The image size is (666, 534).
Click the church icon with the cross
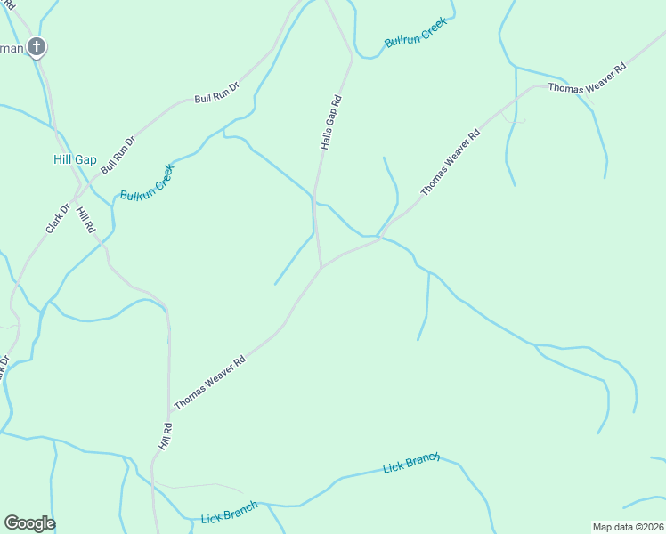coord(36,47)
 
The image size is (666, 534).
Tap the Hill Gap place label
coord(75,159)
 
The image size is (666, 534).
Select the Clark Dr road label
coord(58,219)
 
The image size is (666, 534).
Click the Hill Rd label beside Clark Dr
coord(85,220)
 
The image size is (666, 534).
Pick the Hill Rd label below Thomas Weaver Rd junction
coord(165,435)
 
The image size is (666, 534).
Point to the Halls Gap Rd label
coord(331,122)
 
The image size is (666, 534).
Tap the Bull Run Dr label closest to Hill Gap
coord(118,154)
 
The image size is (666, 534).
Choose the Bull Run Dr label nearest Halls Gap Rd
coord(217,93)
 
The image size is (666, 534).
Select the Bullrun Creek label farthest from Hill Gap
coord(414,36)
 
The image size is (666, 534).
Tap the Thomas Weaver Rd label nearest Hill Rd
coord(209,384)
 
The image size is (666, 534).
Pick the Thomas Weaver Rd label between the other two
coord(451,161)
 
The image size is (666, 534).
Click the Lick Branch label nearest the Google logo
coord(229,513)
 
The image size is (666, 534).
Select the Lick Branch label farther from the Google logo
coord(411,463)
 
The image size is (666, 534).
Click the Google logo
coord(29,523)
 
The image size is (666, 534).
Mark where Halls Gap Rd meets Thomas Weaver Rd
coord(321,266)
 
